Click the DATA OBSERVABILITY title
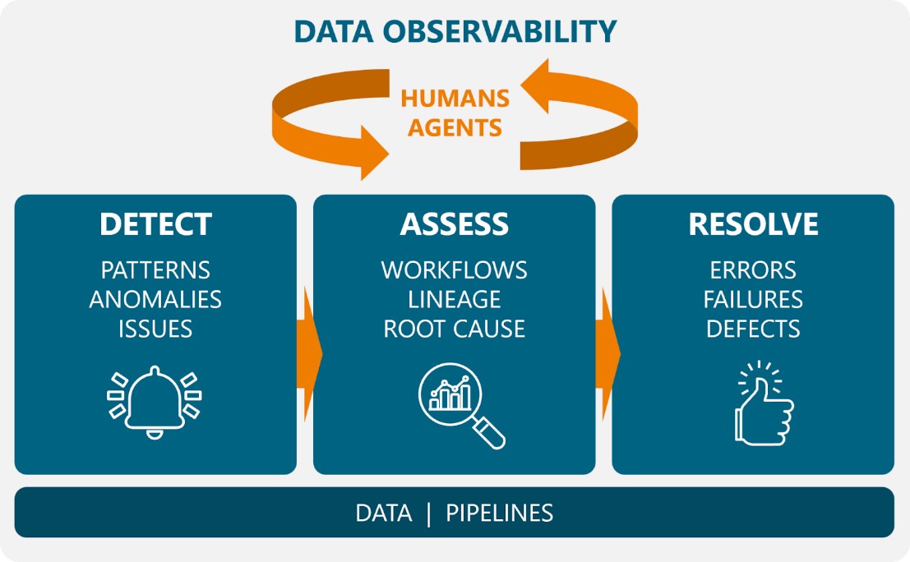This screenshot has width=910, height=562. (455, 32)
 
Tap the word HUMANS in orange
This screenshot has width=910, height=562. (455, 99)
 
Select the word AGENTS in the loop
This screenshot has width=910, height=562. (455, 128)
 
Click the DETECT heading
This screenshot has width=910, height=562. (155, 224)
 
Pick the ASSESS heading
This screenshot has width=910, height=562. (455, 224)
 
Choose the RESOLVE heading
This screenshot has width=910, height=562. (753, 224)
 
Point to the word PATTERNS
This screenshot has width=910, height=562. (155, 269)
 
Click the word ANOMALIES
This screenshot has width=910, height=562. (155, 299)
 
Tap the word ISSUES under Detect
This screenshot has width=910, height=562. (155, 329)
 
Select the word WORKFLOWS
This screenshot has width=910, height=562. (455, 269)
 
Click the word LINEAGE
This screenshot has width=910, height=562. (455, 299)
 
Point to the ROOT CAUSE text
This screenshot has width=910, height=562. (455, 329)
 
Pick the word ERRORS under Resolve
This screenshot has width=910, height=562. (753, 269)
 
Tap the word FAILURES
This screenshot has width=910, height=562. (753, 299)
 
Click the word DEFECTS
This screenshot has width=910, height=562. (753, 329)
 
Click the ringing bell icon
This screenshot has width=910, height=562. (155, 403)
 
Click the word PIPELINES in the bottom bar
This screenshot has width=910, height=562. (499, 514)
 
